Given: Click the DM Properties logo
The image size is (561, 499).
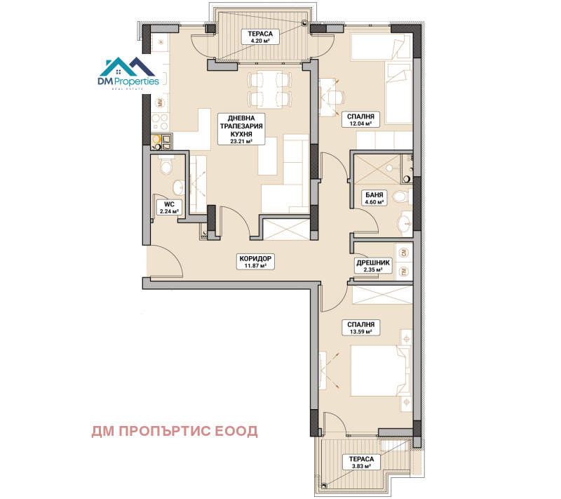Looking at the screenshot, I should point(132,72).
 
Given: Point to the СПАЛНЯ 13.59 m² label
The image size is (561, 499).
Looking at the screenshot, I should point(358,328).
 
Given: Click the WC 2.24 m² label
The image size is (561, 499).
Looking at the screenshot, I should point(169,207).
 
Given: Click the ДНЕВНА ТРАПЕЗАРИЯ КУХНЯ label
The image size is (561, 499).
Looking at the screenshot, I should point(241,129).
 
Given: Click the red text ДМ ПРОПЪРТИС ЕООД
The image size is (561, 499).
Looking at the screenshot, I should point(175,431).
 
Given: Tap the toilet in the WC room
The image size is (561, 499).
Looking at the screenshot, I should point(166,167).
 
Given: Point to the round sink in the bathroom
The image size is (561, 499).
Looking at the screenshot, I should point(405,225).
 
